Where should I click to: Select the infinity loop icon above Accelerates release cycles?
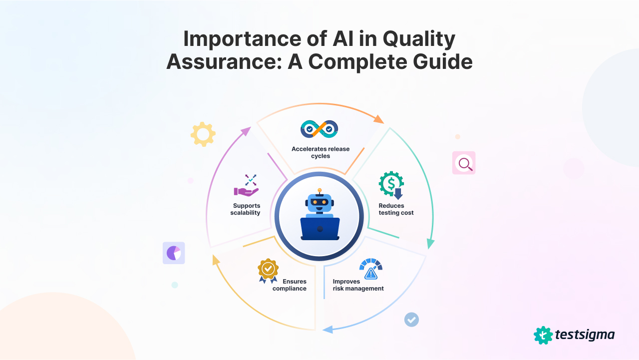pyautogui.click(x=319, y=129)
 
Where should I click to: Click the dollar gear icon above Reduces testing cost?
pyautogui.click(x=391, y=185)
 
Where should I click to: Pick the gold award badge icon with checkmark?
pyautogui.click(x=268, y=270)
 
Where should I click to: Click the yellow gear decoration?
pyautogui.click(x=203, y=134)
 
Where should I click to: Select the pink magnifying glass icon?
pyautogui.click(x=464, y=163)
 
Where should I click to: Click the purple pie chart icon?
pyautogui.click(x=174, y=253)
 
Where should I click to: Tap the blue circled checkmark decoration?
pyautogui.click(x=411, y=319)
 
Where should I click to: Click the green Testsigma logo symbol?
pyautogui.click(x=543, y=335)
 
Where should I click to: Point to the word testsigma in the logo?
pyautogui.click(x=585, y=335)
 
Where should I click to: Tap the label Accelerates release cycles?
pyautogui.click(x=320, y=152)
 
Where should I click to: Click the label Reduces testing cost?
pyautogui.click(x=396, y=209)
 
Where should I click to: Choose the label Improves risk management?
pyautogui.click(x=358, y=285)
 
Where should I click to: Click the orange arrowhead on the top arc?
pyautogui.click(x=378, y=119)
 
